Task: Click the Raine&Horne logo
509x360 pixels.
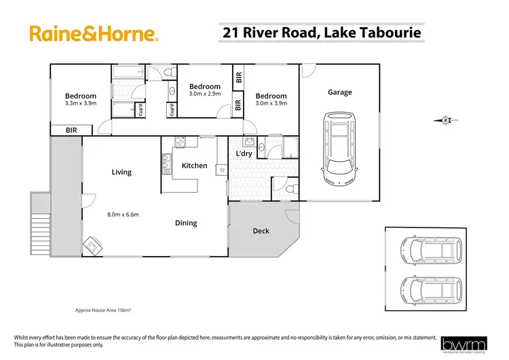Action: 94,33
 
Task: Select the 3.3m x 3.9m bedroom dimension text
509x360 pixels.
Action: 80,103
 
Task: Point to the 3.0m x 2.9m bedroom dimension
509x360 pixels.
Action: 205,94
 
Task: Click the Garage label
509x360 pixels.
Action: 340,92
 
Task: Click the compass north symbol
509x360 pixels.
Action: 445,121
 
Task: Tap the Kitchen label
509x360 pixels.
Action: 194,165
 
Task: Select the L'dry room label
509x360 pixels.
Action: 244,155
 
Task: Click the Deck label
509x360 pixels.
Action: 261,231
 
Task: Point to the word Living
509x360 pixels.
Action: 121,172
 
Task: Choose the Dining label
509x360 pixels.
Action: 186,223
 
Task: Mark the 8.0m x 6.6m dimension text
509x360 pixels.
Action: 123,215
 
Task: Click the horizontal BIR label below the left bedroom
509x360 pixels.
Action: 71,129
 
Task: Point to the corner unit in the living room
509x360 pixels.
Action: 92,247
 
